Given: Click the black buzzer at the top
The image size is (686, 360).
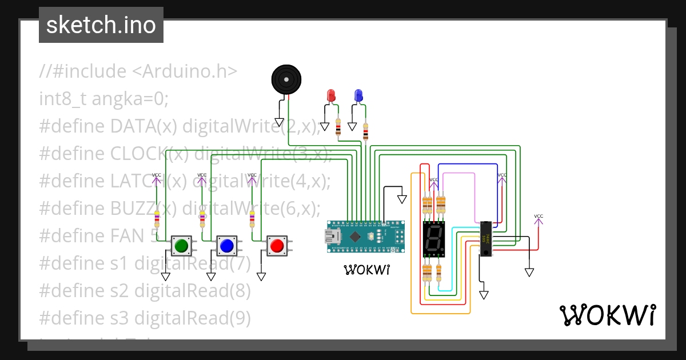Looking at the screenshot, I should [285, 79].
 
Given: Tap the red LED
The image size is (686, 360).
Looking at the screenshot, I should [330, 95].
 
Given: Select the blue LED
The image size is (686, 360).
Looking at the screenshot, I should [358, 95].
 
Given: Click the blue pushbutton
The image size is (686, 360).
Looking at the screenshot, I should [226, 246].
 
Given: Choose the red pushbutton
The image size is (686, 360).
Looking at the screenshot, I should [277, 246].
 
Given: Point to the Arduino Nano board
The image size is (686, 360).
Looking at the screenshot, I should [365, 237].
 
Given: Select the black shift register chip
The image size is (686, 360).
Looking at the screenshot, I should [486, 239].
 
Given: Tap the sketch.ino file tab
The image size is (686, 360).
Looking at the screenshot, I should [101, 25].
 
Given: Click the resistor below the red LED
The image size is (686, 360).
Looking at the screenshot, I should [338, 128].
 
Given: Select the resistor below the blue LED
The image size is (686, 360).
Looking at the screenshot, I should [366, 133].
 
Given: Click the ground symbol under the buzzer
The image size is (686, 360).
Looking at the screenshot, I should [280, 122].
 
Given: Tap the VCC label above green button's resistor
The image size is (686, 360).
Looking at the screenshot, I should [156, 175].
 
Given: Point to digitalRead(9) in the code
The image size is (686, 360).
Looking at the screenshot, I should [192, 318].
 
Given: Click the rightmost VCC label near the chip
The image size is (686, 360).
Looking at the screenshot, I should [539, 217].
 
